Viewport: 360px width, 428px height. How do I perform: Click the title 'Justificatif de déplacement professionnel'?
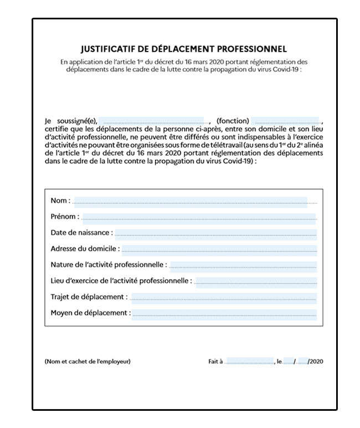(x=183, y=49)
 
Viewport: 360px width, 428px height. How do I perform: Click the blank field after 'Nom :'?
(x=189, y=202)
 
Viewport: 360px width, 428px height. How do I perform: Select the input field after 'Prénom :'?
(x=198, y=218)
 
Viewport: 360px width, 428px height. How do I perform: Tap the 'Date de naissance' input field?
(x=215, y=234)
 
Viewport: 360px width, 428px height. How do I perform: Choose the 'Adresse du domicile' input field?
(x=219, y=250)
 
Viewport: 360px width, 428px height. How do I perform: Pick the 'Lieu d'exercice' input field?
(x=256, y=282)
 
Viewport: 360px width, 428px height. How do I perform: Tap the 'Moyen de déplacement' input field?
(x=224, y=314)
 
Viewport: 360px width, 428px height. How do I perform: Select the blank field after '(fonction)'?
(x=286, y=121)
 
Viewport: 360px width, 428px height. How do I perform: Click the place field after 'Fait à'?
(x=249, y=362)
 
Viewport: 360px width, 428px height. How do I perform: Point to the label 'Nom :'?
(x=60, y=201)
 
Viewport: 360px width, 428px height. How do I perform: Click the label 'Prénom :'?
(x=65, y=217)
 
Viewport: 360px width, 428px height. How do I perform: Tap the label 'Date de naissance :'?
(x=81, y=233)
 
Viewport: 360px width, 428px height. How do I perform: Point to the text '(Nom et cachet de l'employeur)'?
(x=88, y=362)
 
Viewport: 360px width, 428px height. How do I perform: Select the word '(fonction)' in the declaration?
(x=233, y=121)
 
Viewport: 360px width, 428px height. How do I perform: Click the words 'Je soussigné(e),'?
(x=71, y=121)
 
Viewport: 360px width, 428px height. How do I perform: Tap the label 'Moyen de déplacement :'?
(x=91, y=313)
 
